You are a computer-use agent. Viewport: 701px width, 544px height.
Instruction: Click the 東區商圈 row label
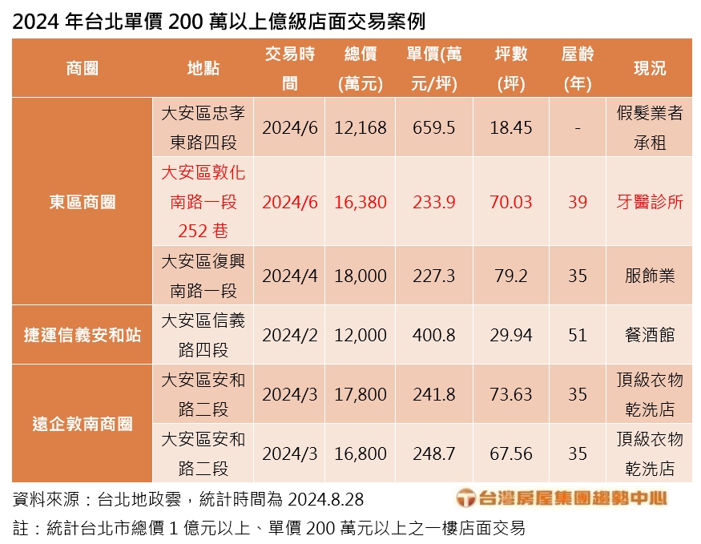coord(82,202)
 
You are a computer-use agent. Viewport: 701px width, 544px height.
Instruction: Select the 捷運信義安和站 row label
coord(82,335)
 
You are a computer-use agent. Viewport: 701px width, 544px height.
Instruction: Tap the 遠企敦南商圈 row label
coord(82,424)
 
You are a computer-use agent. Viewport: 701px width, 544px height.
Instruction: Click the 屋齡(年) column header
coord(578,68)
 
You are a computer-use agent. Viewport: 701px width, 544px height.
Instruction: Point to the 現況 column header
coord(650,68)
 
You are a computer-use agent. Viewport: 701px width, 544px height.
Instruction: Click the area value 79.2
coord(511,276)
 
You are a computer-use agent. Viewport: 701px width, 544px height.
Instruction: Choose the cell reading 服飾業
coord(650,276)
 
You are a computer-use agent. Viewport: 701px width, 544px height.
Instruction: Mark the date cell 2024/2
coord(289,335)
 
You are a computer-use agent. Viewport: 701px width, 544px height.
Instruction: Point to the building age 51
coord(578,335)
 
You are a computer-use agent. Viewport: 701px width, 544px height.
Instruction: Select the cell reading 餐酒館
coord(650,335)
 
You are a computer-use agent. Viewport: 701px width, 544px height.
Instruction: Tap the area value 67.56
coord(511,453)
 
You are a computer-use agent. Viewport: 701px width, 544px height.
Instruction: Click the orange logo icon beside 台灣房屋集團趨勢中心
coord(465,499)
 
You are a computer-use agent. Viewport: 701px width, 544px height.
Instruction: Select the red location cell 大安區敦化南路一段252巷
coord(203,202)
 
